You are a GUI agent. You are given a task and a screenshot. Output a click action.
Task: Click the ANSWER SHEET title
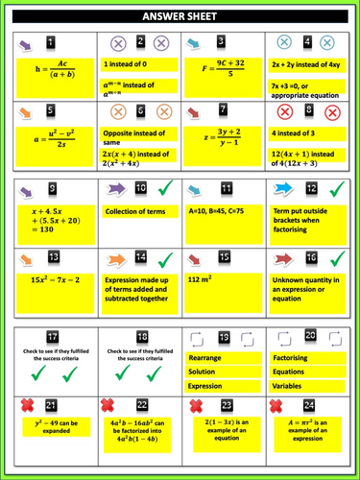pyautogui.click(x=180, y=16)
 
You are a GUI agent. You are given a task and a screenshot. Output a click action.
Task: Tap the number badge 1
pyautogui.click(x=51, y=42)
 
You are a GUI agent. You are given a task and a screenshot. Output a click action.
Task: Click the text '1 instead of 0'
pyautogui.click(x=126, y=63)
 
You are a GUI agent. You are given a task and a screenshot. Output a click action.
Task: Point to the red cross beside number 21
pyautogui.click(x=30, y=406)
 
